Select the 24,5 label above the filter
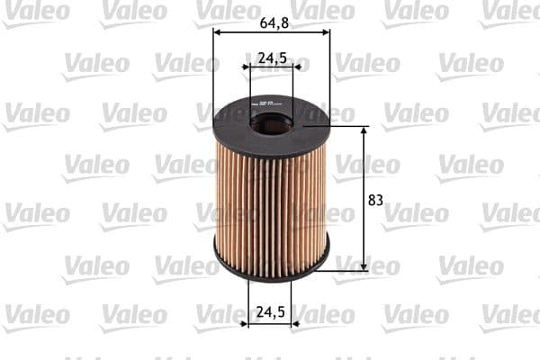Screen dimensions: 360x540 272,58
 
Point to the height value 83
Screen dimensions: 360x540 376,200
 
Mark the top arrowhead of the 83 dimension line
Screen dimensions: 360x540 364,131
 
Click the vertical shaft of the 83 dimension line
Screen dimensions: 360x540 364,225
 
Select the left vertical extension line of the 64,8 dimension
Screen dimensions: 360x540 213,72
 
